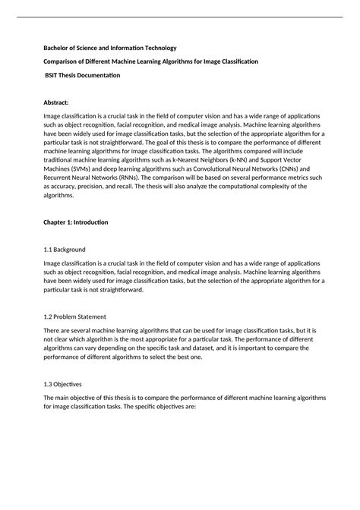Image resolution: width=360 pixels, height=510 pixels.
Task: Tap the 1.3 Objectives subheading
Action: pyautogui.click(x=68, y=384)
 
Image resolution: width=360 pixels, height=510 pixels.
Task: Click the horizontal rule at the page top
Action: pyautogui.click(x=180, y=16)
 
